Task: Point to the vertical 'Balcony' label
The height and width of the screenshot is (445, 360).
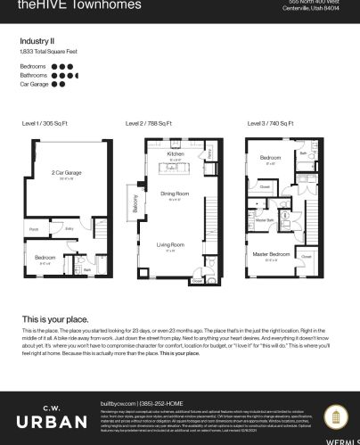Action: tap(135, 203)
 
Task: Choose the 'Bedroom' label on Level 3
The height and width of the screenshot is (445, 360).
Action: tap(271, 157)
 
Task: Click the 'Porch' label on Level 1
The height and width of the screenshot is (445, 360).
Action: tap(34, 229)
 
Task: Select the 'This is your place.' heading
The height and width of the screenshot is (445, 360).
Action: tap(56, 318)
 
